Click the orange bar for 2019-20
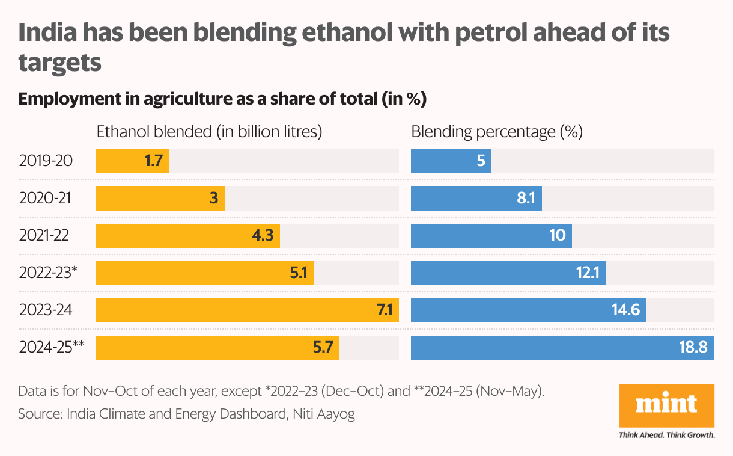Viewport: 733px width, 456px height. click(133, 161)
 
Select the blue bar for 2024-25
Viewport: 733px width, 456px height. click(562, 348)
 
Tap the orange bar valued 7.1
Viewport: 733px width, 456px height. click(247, 310)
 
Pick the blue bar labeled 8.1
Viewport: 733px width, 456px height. click(476, 199)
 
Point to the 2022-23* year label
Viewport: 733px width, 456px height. click(48, 273)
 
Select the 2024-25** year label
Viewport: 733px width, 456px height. click(51, 348)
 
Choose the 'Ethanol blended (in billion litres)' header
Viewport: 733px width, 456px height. click(210, 132)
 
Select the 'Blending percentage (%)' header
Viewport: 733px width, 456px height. click(497, 132)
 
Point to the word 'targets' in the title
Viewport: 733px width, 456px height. click(59, 63)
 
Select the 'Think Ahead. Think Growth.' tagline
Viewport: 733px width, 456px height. click(666, 435)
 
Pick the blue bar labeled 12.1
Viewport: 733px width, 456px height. click(508, 273)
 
